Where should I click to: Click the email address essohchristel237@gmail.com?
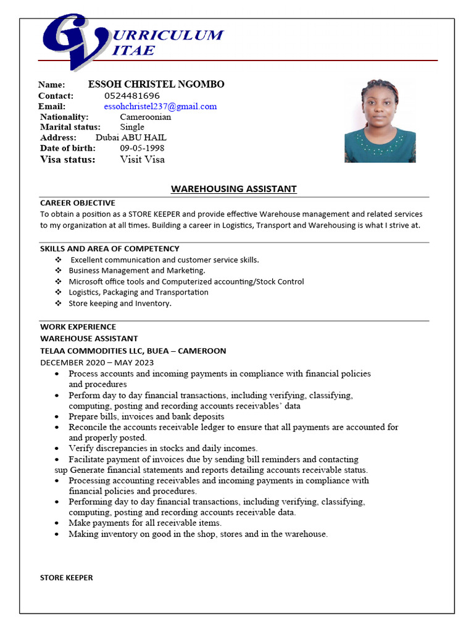(160, 107)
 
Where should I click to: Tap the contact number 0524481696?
(132, 96)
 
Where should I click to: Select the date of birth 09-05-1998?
(142, 148)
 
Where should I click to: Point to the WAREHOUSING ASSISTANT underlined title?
(233, 189)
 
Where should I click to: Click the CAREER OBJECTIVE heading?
(78, 202)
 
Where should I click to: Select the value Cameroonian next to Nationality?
(145, 117)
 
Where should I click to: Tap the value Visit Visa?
(142, 159)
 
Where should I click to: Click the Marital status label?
(70, 127)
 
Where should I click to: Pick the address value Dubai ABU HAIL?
(131, 138)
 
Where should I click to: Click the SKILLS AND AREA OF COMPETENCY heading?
(110, 249)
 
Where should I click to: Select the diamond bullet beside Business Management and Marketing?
(58, 271)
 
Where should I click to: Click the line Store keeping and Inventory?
(120, 304)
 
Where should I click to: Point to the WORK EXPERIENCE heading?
(78, 326)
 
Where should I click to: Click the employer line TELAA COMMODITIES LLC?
(133, 351)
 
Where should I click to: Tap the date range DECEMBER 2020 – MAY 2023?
(97, 362)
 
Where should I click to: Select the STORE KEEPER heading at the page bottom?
(67, 578)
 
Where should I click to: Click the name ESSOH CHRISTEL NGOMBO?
(156, 85)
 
